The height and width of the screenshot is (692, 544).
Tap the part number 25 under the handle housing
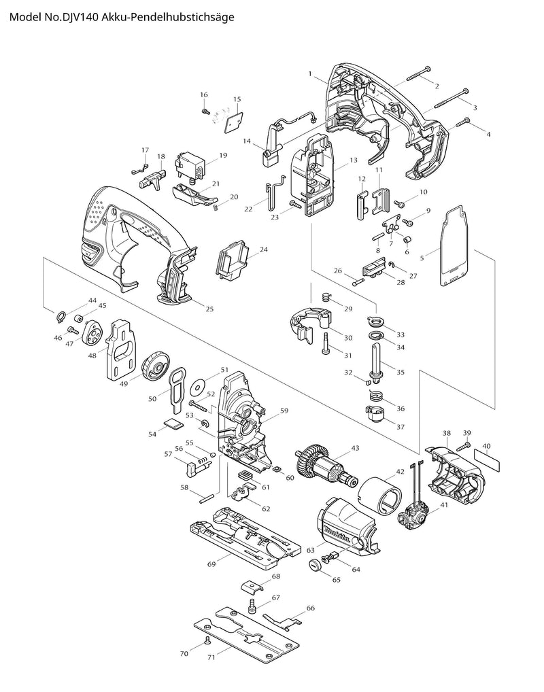[x=209, y=309]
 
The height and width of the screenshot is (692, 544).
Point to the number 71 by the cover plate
[x=211, y=657]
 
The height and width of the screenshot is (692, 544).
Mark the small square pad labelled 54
[x=172, y=425]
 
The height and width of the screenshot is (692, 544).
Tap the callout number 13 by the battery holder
[x=354, y=160]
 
